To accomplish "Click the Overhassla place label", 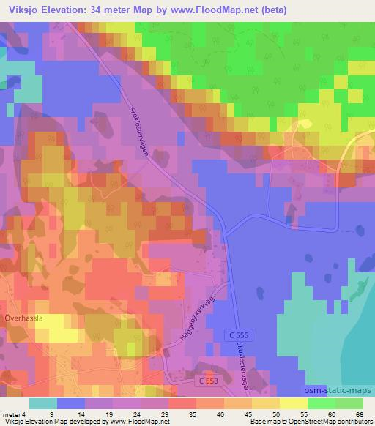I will tap(26, 320).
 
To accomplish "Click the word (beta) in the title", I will tap(270, 10).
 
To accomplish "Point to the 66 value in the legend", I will tap(358, 414).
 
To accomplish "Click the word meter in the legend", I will tap(10, 414).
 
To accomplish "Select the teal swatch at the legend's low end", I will tap(43, 403).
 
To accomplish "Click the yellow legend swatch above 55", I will tap(294, 403).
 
